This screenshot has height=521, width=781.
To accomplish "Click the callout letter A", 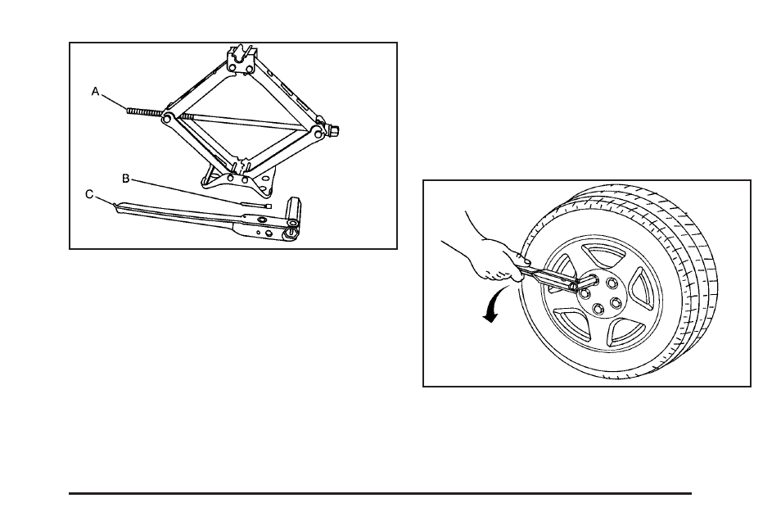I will tap(95, 93).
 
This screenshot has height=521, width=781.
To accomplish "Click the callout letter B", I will tap(126, 178).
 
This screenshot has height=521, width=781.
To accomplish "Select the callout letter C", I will tap(89, 194).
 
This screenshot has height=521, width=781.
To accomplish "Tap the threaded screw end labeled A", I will tap(144, 111).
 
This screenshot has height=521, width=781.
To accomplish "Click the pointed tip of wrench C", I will tap(117, 206).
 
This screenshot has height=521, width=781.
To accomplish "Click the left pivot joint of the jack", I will tap(167, 119).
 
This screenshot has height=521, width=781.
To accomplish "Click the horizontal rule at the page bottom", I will tap(380, 493).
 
